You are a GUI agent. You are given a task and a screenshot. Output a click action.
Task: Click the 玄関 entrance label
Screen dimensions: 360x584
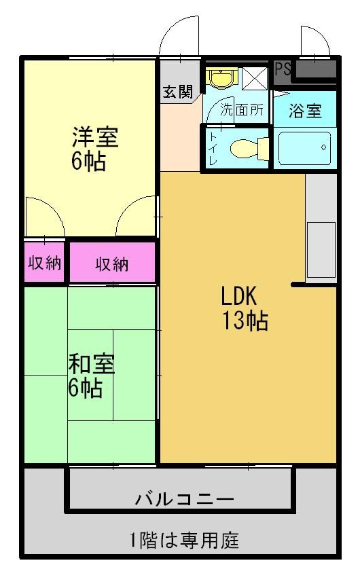[x=178, y=92]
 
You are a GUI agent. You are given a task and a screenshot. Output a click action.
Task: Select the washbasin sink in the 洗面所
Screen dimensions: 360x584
[x=222, y=78]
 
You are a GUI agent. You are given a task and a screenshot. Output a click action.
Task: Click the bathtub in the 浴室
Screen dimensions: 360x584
[x=304, y=148]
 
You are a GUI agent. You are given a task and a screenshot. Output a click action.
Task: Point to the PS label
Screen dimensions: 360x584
[x=283, y=69]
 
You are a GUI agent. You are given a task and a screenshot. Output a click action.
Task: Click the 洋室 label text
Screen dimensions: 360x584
[x=95, y=137]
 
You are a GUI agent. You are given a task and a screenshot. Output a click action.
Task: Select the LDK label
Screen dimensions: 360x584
[x=239, y=296]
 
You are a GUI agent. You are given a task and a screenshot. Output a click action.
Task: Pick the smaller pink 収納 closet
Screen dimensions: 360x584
[x=44, y=263]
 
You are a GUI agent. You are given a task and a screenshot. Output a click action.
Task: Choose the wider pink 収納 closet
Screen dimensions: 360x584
[x=112, y=263]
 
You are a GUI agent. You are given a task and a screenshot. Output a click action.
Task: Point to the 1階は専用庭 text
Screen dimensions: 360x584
[x=184, y=541]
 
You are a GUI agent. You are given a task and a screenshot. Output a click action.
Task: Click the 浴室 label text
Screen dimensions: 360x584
[x=305, y=111]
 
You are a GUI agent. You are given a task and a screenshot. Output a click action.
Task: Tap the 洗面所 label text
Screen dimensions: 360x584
[x=242, y=109]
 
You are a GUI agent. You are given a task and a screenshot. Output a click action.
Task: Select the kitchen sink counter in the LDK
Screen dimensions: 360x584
[x=321, y=250]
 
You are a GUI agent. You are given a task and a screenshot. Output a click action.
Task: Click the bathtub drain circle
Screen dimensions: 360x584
[x=323, y=147]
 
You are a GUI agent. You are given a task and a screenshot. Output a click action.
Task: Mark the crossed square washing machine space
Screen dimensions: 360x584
[x=255, y=78]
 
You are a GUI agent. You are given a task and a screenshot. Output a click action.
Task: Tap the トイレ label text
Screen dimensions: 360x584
[x=213, y=149]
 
